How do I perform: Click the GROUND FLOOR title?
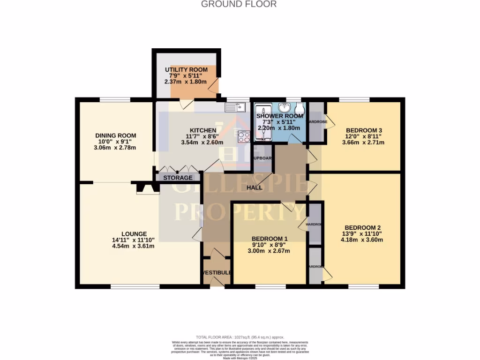point(239,4)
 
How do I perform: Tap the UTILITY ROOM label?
point(186,70)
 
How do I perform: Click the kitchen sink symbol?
point(236,107)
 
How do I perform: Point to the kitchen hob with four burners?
point(244,137)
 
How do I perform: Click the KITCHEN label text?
point(203,130)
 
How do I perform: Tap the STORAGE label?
point(178,178)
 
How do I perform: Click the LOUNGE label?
point(134,234)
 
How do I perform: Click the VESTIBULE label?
point(217,273)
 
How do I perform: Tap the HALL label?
point(255,187)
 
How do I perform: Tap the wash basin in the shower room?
point(284,107)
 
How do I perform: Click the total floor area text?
point(240,337)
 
